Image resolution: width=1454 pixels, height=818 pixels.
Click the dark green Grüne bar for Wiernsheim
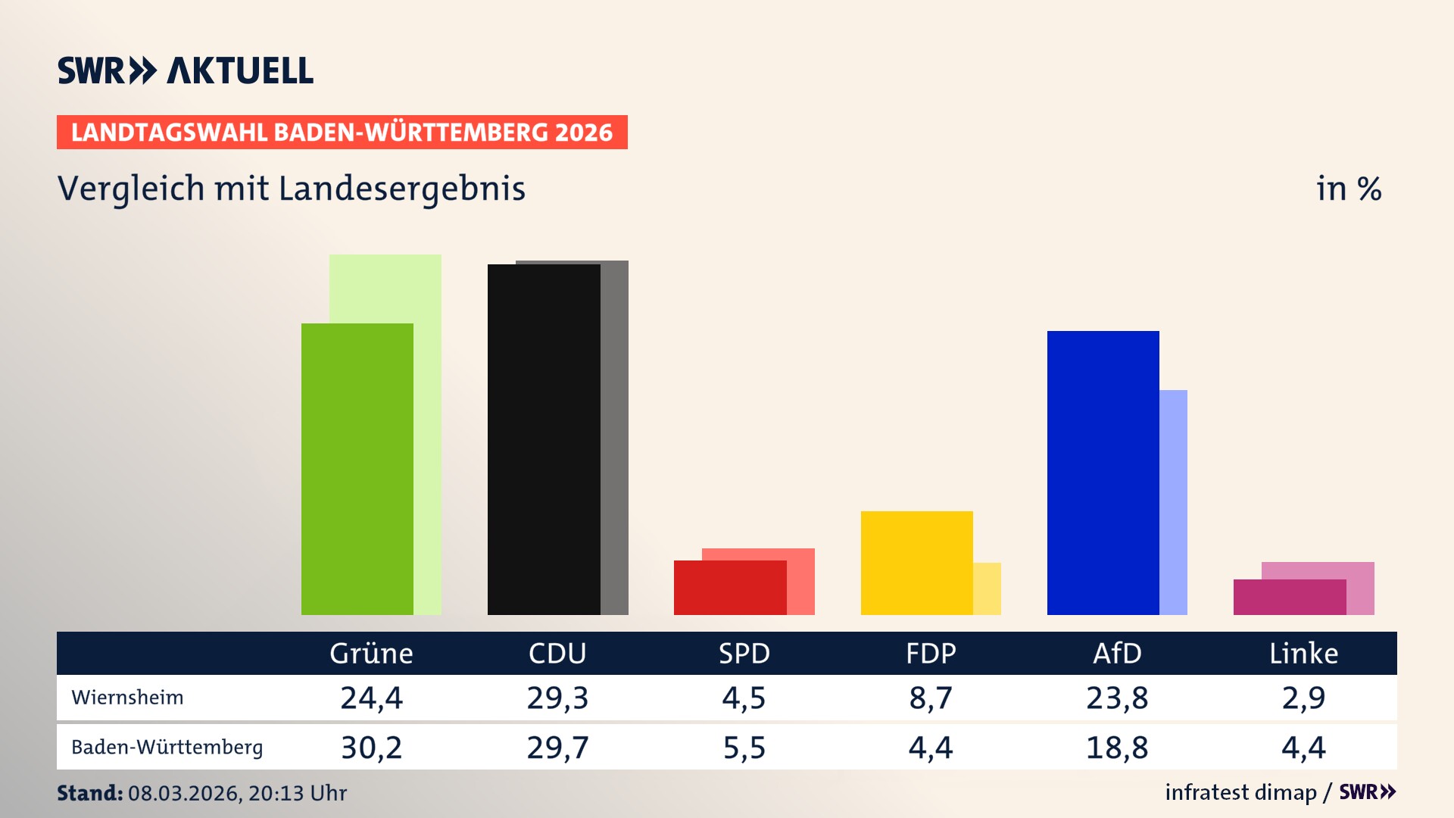[x=357, y=470]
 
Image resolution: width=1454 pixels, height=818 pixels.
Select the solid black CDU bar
[x=544, y=439]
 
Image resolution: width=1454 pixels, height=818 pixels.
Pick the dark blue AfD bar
[x=1103, y=473]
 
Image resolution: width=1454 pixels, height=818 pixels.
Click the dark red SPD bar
[x=730, y=588]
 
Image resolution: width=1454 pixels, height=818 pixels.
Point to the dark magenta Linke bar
[x=1290, y=597]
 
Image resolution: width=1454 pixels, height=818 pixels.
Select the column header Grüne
[x=371, y=654]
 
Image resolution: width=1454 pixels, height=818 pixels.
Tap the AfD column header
[x=1117, y=654]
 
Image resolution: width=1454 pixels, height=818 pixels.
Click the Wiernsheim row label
[x=127, y=698]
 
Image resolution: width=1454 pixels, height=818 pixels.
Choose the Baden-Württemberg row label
[x=167, y=748]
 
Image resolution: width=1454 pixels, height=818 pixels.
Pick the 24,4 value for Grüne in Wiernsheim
[x=371, y=698]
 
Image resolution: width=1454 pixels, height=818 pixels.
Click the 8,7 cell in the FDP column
[x=931, y=698]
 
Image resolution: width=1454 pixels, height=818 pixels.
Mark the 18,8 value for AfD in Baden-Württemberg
[x=1117, y=748]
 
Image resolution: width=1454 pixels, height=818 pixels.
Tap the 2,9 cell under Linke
[x=1303, y=698]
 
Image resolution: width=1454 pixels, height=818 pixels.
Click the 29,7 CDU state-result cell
[x=557, y=748]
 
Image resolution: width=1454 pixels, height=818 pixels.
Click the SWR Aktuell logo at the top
[x=186, y=70]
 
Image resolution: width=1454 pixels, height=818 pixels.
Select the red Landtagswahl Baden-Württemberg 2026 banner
[x=342, y=133]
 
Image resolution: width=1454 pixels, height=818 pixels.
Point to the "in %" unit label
[x=1349, y=189]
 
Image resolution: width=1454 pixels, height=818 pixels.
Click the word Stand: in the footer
[x=89, y=793]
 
